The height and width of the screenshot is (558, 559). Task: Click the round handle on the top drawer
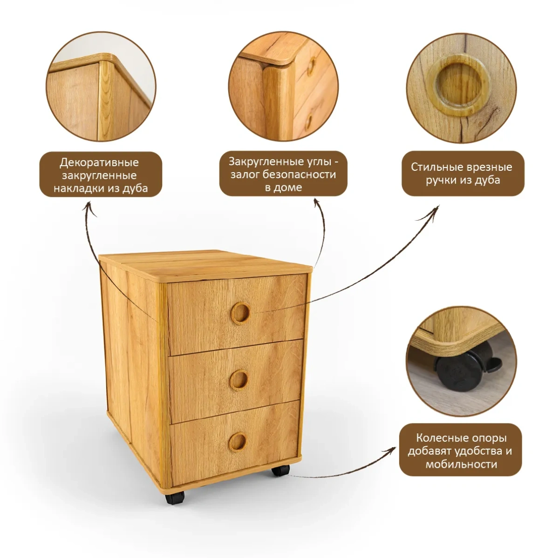(240, 313)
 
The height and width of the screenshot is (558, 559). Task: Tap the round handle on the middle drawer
(239, 380)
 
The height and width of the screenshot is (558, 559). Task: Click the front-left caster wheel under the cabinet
(175, 497)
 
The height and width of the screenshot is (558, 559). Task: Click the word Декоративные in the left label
(99, 162)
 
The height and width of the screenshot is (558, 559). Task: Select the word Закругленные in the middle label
(266, 161)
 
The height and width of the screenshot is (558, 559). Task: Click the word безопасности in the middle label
(300, 175)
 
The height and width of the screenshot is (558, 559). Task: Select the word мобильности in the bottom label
(461, 464)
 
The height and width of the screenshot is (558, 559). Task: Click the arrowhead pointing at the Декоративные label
(89, 208)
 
